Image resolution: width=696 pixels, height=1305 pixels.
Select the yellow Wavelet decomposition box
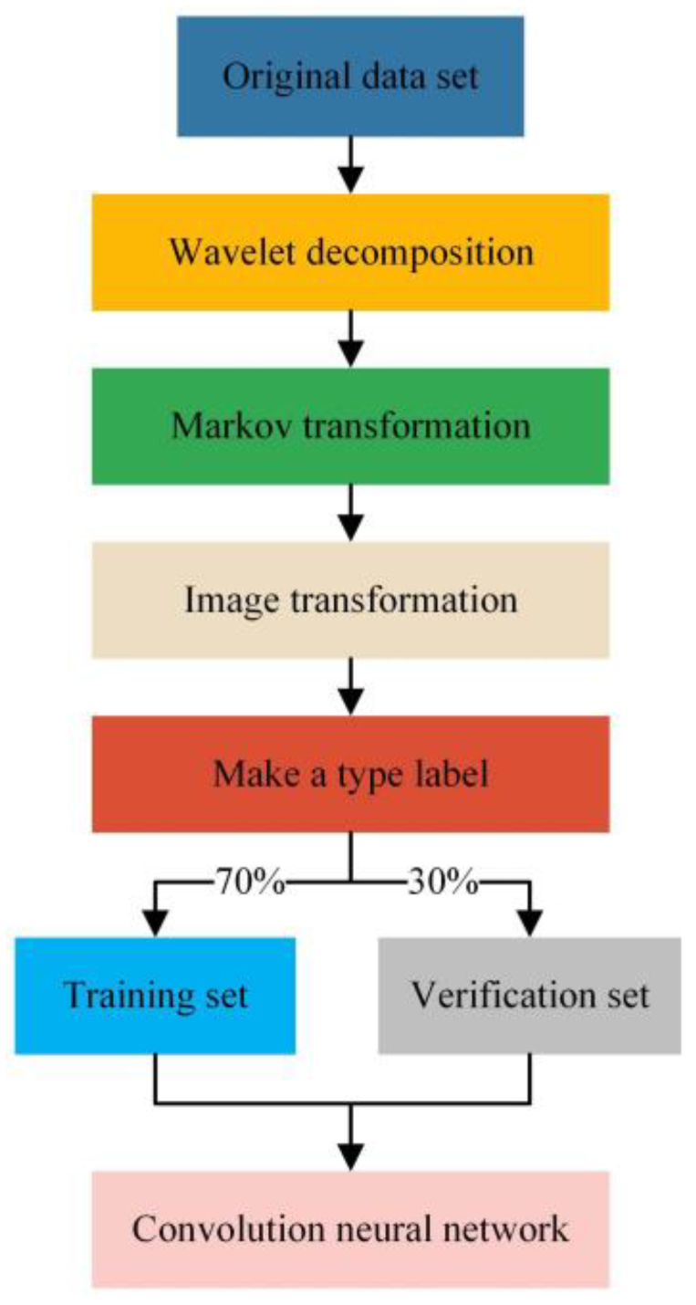pos(350,252)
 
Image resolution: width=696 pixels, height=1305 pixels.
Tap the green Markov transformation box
pos(350,426)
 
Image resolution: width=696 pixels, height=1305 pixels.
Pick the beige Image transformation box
pos(350,600)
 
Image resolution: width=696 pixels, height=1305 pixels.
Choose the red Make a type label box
pos(350,774)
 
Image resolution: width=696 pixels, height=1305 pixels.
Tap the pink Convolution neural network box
pos(350,1229)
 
